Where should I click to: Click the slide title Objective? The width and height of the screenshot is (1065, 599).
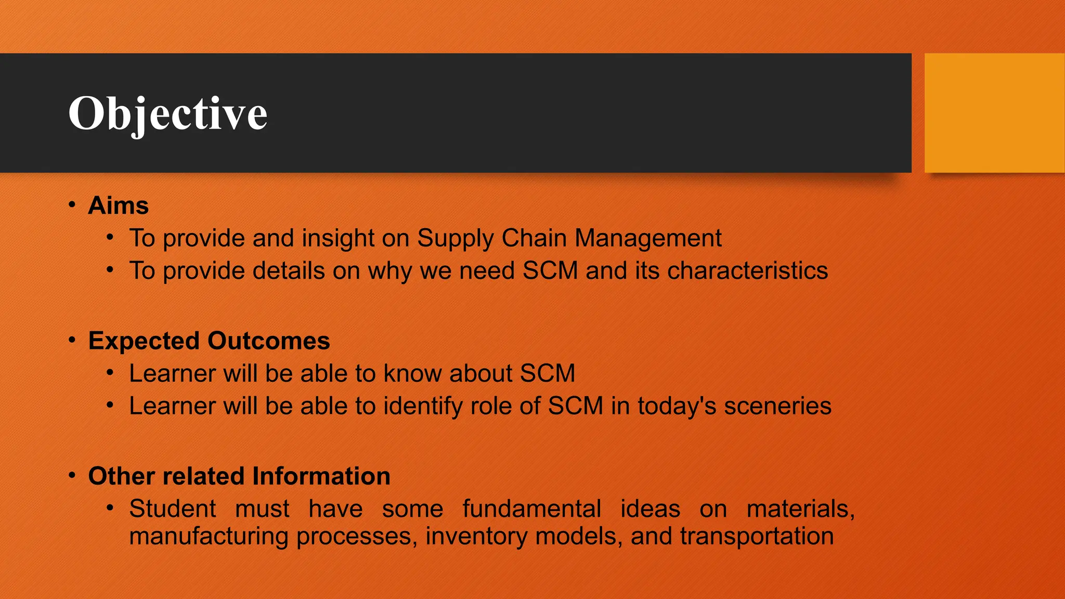pos(167,113)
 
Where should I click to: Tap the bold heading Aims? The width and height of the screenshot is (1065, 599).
pos(118,205)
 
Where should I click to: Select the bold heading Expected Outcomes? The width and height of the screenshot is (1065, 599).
pos(209,341)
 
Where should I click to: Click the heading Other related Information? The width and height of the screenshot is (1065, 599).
pos(239,476)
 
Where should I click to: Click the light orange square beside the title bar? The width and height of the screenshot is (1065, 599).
pos(994,113)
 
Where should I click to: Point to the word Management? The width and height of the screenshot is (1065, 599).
pos(648,238)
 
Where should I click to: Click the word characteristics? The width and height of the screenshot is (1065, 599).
pos(747,271)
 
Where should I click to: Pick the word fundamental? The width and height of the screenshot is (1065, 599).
pos(531,509)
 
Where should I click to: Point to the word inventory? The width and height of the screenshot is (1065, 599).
pos(476,536)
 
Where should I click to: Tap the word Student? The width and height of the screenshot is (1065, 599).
pos(172,509)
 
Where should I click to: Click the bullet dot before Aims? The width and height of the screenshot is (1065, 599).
pos(72,204)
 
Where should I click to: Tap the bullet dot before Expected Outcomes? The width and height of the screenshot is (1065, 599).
pos(72,340)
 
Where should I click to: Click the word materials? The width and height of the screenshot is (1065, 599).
pos(800,509)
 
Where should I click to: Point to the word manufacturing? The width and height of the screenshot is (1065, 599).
pos(209,536)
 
